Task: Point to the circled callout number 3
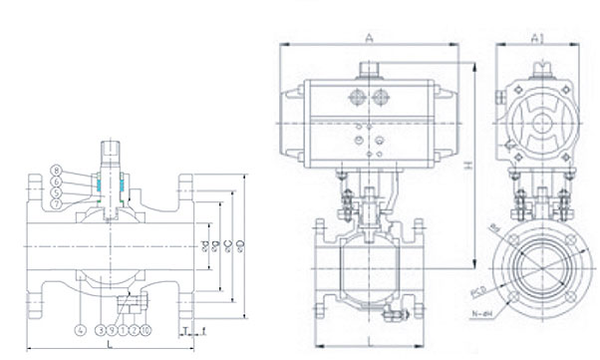point(101,328)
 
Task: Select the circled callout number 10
point(146,328)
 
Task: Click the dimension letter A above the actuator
point(369,38)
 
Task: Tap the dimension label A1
point(536,38)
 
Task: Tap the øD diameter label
point(238,243)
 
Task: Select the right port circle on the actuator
point(380,98)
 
